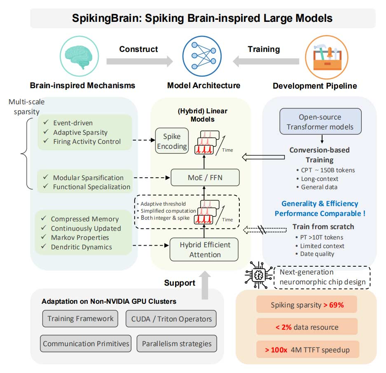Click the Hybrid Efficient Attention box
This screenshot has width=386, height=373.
click(x=205, y=249)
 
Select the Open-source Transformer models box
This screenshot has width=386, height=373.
click(x=320, y=122)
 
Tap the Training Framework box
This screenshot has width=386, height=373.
click(x=80, y=318)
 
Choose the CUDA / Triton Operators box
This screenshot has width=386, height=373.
click(x=171, y=318)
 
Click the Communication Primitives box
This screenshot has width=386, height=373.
click(x=86, y=343)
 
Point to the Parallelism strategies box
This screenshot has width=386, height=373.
click(x=177, y=343)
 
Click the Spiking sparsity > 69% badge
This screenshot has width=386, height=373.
click(x=306, y=305)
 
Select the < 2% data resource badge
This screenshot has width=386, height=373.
click(x=306, y=327)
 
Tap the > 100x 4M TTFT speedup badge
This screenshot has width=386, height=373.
click(x=306, y=350)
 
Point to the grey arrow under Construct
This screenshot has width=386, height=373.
click(x=139, y=61)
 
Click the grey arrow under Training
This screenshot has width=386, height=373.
click(x=266, y=61)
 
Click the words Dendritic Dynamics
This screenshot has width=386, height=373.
click(x=81, y=247)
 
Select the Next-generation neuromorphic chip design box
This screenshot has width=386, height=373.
click(x=322, y=277)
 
